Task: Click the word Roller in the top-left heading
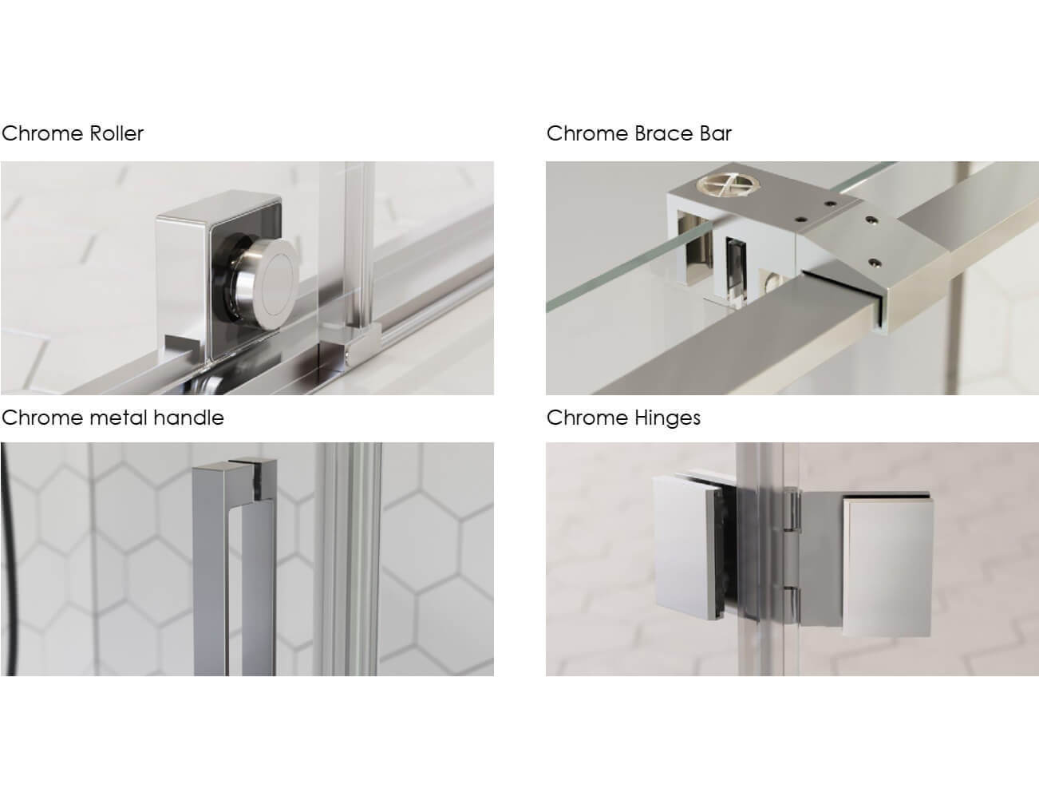[117, 133]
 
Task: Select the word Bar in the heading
[716, 133]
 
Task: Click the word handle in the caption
[188, 418]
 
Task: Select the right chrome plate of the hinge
[886, 567]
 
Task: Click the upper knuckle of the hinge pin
[792, 509]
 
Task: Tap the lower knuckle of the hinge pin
[792, 604]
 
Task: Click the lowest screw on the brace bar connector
[875, 262]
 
